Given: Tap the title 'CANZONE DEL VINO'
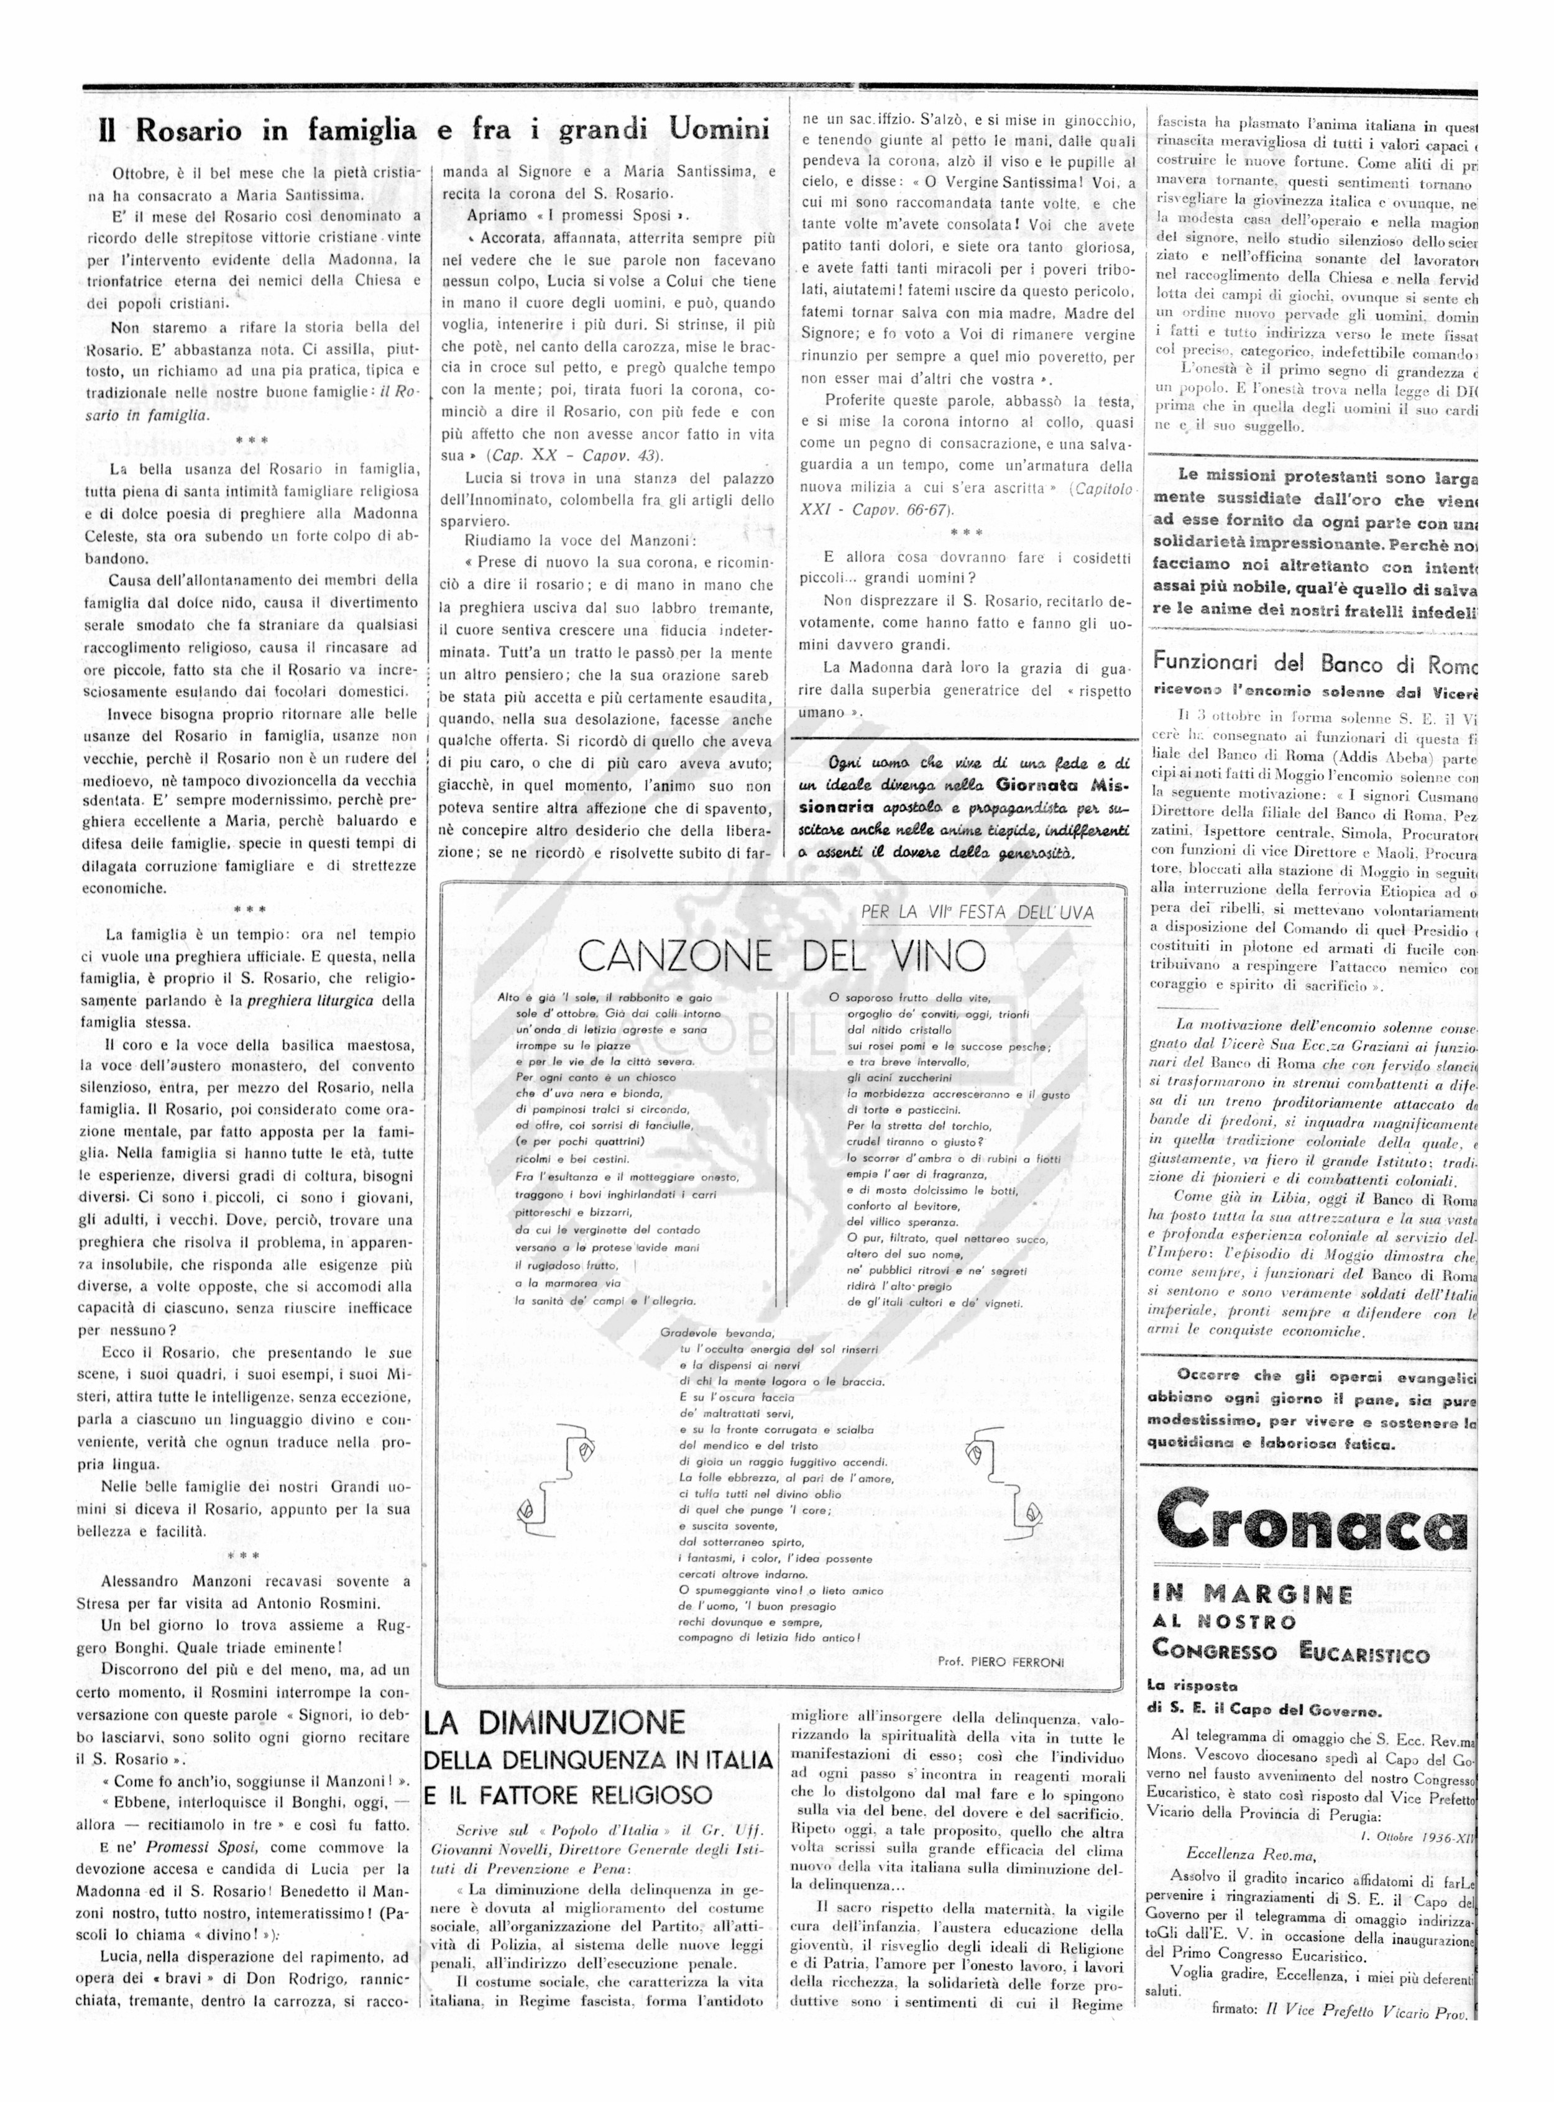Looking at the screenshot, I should [782, 955].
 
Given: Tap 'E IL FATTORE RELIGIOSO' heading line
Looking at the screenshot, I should [568, 1794].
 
